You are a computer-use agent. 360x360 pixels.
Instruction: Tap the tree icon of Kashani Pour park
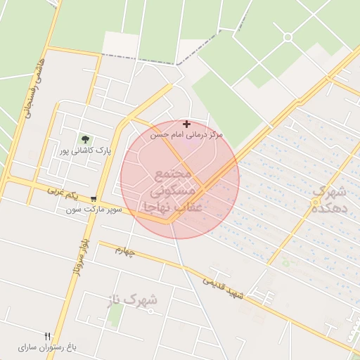click(x=85, y=139)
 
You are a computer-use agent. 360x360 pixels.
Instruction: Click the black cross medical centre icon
click(x=186, y=124)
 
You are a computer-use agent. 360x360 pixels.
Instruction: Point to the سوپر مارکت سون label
click(x=95, y=210)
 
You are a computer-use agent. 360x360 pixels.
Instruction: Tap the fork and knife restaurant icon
click(x=48, y=336)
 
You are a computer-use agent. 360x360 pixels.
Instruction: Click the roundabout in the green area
click(x=288, y=37)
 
